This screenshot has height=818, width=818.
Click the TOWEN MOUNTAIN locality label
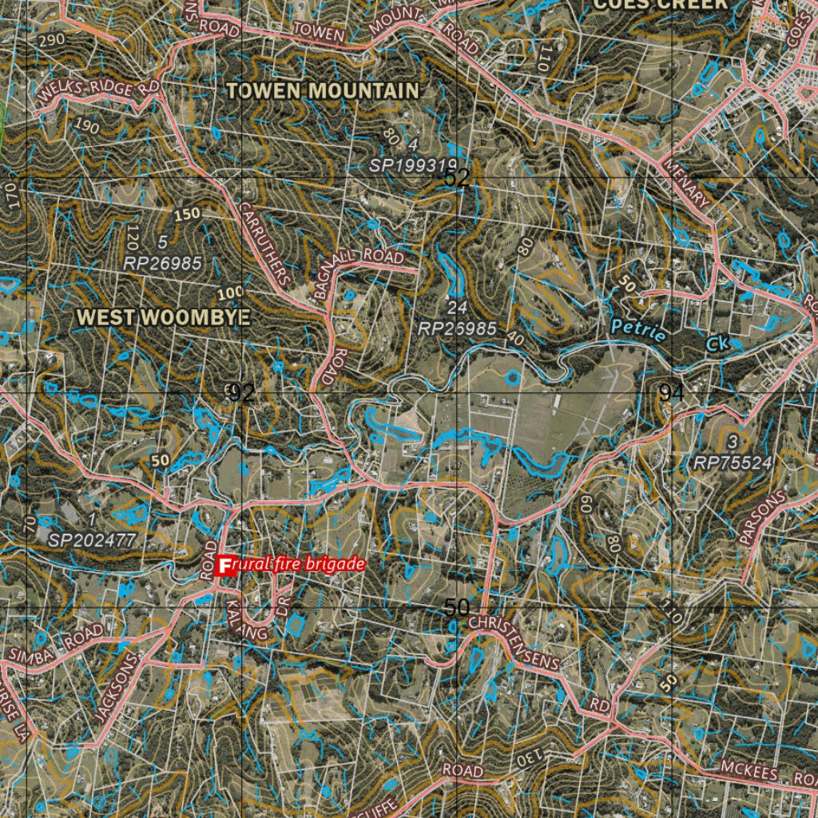point(322,91)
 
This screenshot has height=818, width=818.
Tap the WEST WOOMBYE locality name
point(163,317)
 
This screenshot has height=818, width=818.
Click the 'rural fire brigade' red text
point(299,565)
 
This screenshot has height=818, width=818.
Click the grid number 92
point(240,392)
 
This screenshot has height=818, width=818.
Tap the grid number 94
point(670,392)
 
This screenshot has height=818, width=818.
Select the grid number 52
point(457,178)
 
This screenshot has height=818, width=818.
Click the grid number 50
point(456,608)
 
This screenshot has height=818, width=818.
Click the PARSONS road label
point(763,518)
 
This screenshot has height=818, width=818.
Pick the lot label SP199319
point(414,165)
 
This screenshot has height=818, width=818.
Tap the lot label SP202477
point(93,540)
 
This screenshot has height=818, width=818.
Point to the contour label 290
point(52,38)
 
